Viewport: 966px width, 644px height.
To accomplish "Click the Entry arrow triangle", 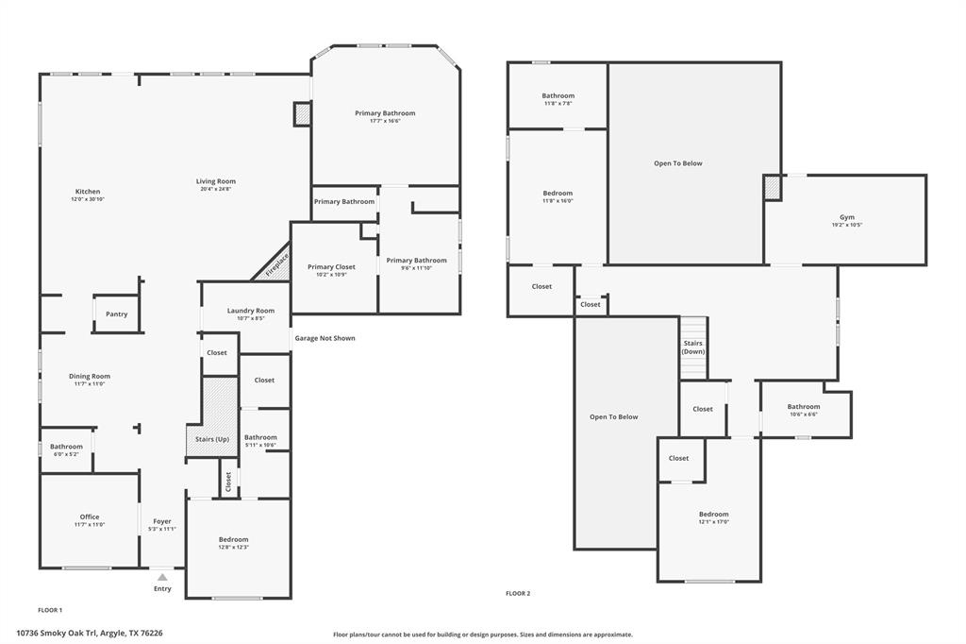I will tap(162, 577).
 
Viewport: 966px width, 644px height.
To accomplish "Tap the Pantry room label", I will tap(116, 314).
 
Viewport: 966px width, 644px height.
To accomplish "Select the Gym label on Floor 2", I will tap(846, 217).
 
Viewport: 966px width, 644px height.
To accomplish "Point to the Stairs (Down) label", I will tap(692, 347).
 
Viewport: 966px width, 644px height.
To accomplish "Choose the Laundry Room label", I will tap(250, 311).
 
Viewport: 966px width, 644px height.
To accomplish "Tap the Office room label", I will tap(90, 517).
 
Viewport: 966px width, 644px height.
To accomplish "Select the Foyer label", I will tap(162, 521).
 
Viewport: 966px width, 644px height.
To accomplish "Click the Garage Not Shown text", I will tap(325, 338).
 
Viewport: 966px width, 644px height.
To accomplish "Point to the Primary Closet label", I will tap(331, 267).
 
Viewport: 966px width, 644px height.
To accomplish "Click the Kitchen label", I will tap(87, 192).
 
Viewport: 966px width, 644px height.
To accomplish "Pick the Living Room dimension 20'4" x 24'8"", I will tap(215, 189).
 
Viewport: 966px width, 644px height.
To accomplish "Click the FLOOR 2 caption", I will tap(518, 594).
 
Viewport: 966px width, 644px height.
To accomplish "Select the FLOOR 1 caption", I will tap(50, 610).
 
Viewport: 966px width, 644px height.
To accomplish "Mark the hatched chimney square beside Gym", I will tap(772, 187).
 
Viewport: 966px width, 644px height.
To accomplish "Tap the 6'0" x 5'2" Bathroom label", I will tap(66, 454).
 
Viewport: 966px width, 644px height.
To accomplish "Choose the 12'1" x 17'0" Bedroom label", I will tap(713, 521).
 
